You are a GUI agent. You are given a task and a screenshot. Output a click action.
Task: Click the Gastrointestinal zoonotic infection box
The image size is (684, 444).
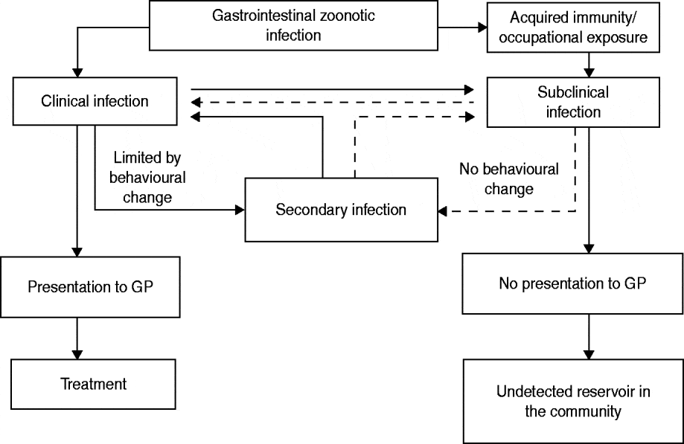pyautogui.click(x=293, y=25)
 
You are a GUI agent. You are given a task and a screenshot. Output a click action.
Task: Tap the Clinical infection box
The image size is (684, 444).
pyautogui.click(x=94, y=101)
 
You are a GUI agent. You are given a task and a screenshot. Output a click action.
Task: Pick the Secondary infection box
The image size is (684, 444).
pyautogui.click(x=341, y=210)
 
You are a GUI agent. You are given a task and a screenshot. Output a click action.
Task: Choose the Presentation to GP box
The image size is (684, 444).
pyautogui.click(x=90, y=286)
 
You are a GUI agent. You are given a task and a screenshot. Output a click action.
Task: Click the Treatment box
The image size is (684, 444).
pyautogui.click(x=93, y=384)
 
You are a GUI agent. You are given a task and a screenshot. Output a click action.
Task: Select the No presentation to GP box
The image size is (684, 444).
pyautogui.click(x=572, y=283)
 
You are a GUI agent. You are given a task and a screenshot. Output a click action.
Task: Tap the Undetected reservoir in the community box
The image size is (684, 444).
pyautogui.click(x=572, y=401)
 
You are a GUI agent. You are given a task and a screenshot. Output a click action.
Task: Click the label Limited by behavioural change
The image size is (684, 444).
pyautogui.click(x=147, y=178)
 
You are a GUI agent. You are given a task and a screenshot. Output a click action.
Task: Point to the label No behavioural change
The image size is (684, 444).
pyautogui.click(x=509, y=178)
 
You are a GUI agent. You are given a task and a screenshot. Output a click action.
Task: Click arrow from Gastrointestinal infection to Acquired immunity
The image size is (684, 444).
pyautogui.click(x=461, y=30)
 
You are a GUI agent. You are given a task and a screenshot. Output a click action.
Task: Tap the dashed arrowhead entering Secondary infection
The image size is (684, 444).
pyautogui.click(x=443, y=213)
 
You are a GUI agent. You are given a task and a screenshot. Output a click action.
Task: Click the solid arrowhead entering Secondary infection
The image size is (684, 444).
pyautogui.click(x=240, y=210)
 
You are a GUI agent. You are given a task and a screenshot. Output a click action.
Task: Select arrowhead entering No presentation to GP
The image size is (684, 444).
pyautogui.click(x=589, y=248)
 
